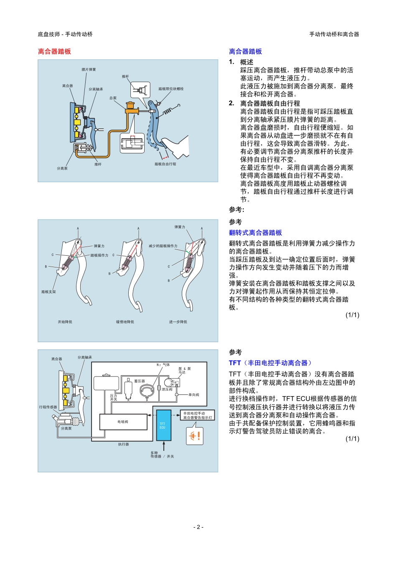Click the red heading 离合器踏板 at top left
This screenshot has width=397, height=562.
[x=54, y=51]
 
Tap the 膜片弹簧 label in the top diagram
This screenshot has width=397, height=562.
[x=89, y=69]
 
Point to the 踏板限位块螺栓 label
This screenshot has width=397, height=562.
[x=171, y=89]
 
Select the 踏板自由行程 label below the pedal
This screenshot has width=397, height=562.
[x=165, y=164]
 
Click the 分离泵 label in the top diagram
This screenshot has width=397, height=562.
[x=62, y=168]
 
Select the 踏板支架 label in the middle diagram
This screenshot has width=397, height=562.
[x=48, y=292]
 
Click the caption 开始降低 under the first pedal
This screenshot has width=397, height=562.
[x=65, y=322]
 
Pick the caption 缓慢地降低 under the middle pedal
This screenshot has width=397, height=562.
[x=125, y=322]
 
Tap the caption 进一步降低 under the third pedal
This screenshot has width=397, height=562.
[x=178, y=322]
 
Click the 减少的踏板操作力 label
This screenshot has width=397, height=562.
[x=163, y=246]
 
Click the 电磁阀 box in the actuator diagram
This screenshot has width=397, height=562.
[x=123, y=422]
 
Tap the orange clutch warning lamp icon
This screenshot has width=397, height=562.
[x=195, y=436]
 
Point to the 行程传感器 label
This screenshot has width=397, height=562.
[x=48, y=407]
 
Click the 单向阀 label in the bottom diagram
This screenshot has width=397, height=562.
[x=193, y=394]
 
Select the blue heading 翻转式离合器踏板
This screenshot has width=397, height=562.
[x=255, y=233]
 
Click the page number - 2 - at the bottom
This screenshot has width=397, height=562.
[x=198, y=527]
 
